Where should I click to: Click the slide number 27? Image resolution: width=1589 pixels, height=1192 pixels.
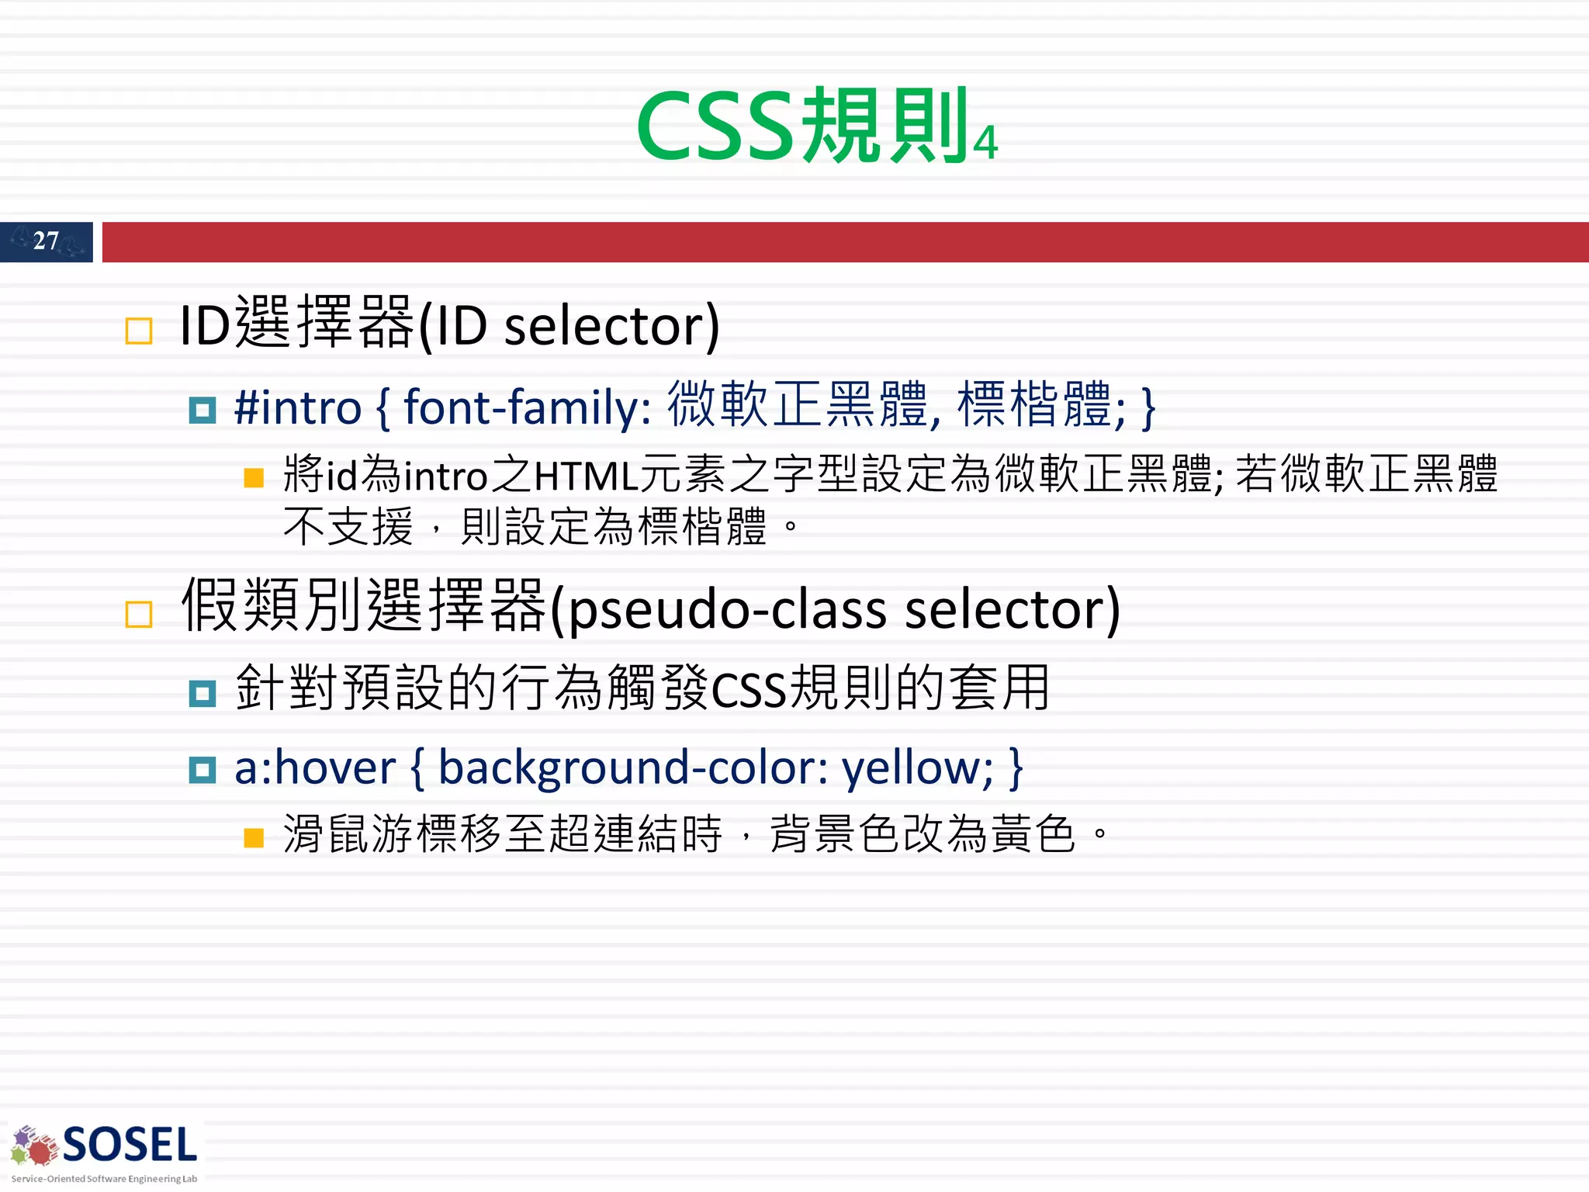(x=46, y=241)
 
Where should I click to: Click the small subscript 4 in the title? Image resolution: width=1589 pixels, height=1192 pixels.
(x=985, y=144)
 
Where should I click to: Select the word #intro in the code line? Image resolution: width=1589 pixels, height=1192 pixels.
(x=298, y=407)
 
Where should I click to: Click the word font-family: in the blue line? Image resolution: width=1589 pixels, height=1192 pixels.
(x=528, y=407)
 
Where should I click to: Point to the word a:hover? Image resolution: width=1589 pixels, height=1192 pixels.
(x=315, y=768)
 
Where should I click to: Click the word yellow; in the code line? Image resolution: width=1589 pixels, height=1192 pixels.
(x=918, y=768)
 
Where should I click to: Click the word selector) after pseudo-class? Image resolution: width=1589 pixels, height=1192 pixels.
(x=1013, y=609)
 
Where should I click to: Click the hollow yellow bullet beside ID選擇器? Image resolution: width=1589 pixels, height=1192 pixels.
(x=139, y=331)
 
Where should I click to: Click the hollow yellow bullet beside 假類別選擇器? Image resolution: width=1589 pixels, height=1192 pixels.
(x=139, y=615)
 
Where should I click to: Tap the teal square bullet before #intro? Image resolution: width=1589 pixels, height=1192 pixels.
(x=203, y=410)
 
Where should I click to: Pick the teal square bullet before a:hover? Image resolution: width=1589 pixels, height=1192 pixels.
(x=203, y=770)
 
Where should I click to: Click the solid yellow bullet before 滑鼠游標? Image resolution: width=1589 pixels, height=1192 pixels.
(x=254, y=837)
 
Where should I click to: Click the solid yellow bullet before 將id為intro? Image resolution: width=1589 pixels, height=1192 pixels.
(x=254, y=477)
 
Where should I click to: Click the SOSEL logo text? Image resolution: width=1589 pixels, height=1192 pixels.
(x=130, y=1145)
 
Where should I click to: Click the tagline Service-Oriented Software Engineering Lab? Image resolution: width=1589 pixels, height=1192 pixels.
(x=104, y=1179)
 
